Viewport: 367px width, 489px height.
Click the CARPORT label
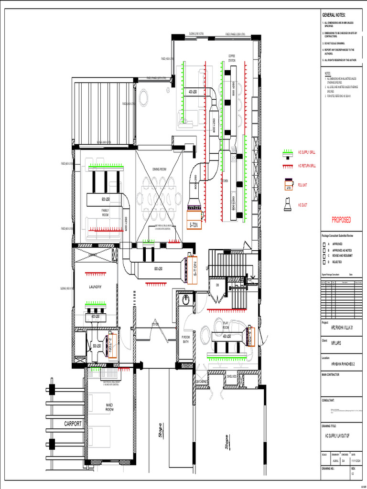pyautogui.click(x=73, y=424)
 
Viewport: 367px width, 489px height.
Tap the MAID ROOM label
pyautogui.click(x=109, y=407)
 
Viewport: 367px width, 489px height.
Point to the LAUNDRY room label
pyautogui.click(x=95, y=287)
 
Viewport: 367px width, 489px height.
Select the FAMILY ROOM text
pyautogui.click(x=105, y=213)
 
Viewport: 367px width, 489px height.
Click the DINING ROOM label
pyautogui.click(x=159, y=170)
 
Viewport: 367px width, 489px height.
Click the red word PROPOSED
pyautogui.click(x=341, y=220)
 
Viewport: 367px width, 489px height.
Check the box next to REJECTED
pyautogui.click(x=324, y=262)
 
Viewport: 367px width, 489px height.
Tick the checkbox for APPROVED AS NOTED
pyautogui.click(x=324, y=250)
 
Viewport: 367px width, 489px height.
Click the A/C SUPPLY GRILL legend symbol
pyautogui.click(x=288, y=152)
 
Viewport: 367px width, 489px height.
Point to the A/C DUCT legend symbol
pyautogui.click(x=288, y=205)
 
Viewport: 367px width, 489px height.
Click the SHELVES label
pyautogui.click(x=232, y=376)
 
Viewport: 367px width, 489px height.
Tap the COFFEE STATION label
pyautogui.click(x=232, y=58)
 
